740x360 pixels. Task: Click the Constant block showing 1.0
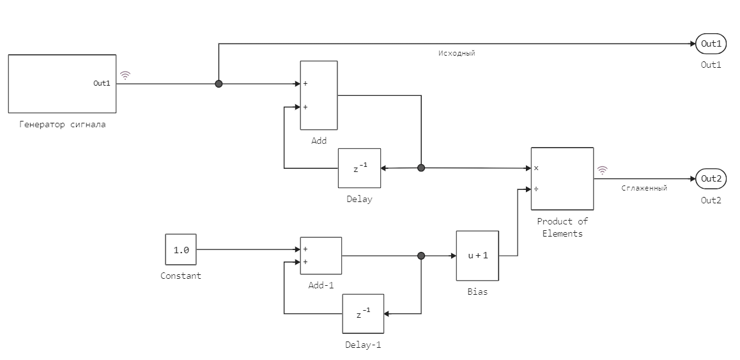point(181,249)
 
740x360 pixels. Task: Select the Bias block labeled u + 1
point(477,255)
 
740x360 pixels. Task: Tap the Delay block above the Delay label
point(359,169)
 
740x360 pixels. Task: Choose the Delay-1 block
point(363,314)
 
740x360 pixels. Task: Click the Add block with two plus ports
point(319,95)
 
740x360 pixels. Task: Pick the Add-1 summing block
point(321,255)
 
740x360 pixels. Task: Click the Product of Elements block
point(562,178)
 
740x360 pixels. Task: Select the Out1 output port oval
point(711,44)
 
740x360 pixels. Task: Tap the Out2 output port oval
point(711,179)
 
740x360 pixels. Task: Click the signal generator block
point(62,84)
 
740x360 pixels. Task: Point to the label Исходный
point(456,54)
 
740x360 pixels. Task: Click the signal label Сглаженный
point(644,189)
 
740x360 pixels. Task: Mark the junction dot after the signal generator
point(219,84)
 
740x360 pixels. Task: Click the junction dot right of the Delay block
point(420,168)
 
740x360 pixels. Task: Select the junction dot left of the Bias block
point(420,256)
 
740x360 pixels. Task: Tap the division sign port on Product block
point(536,189)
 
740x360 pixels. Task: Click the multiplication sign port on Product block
point(536,168)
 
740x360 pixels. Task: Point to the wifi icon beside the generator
point(125,75)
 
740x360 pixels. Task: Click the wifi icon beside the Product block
point(602,170)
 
